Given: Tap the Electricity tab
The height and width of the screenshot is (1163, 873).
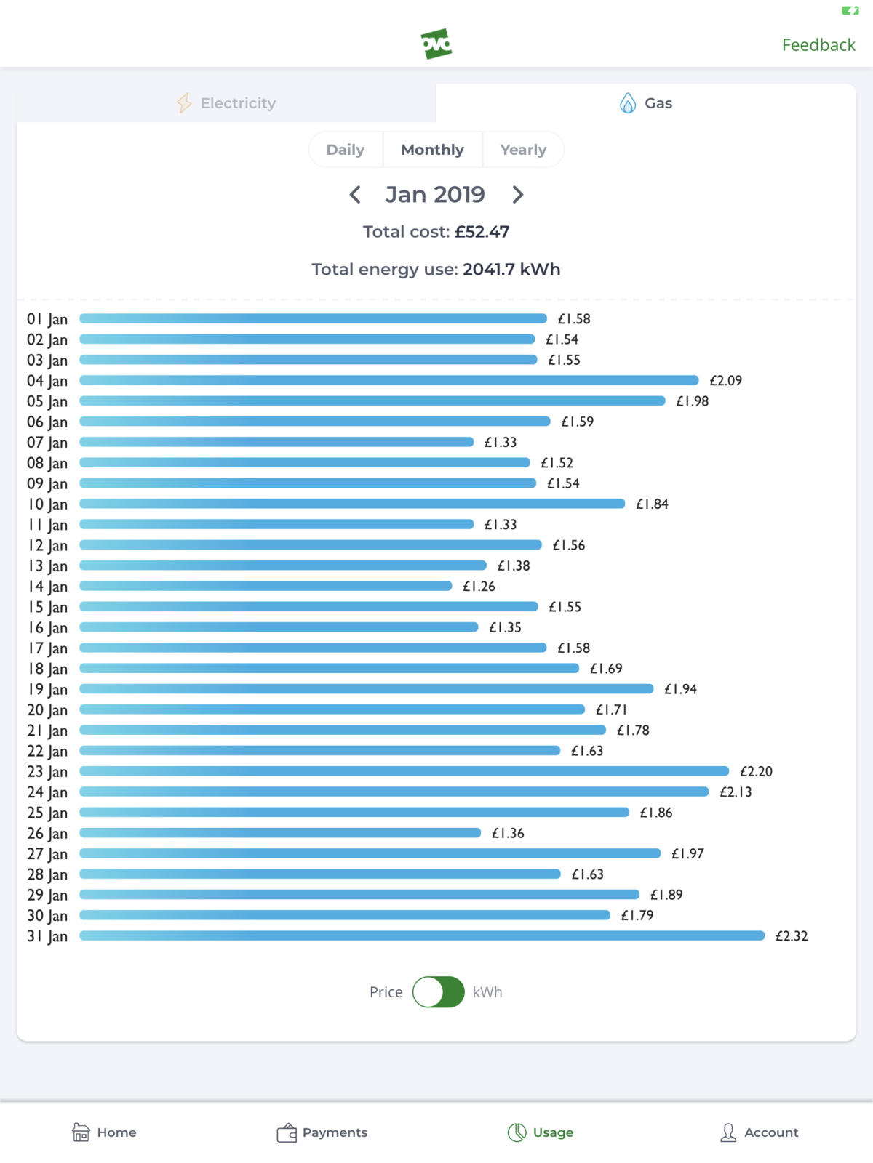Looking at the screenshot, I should [226, 103].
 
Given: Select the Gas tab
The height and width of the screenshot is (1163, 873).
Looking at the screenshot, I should [646, 103].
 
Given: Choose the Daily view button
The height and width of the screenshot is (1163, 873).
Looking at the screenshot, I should [346, 150].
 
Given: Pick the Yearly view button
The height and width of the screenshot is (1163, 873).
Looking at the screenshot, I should [523, 150].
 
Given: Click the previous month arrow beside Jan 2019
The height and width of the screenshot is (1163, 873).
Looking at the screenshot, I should [355, 195].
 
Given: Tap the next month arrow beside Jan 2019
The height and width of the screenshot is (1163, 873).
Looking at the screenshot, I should [517, 195].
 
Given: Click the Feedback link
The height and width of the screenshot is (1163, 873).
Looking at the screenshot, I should [818, 45].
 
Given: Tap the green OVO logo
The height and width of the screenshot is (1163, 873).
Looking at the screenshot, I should [436, 44].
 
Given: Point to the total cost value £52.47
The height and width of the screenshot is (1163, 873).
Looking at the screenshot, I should [482, 232].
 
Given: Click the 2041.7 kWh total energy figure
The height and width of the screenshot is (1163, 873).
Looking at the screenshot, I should [511, 270].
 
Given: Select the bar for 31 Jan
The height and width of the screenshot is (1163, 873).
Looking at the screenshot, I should [422, 935].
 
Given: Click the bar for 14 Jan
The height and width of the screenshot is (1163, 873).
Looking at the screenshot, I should [266, 586].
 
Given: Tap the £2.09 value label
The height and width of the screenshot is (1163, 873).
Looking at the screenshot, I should [725, 380].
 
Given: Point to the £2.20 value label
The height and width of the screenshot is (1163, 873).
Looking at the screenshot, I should [756, 771].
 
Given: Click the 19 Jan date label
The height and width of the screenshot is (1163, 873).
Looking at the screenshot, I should [47, 689].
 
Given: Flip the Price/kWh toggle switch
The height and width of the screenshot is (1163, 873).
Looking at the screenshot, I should [439, 992].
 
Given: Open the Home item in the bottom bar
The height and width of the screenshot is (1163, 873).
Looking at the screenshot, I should [104, 1132].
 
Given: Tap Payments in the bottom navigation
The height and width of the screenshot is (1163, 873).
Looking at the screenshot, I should [322, 1132].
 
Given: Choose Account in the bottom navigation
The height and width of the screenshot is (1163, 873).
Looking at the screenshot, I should [759, 1132].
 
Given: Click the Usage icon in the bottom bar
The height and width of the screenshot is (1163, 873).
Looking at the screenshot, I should [517, 1132].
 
